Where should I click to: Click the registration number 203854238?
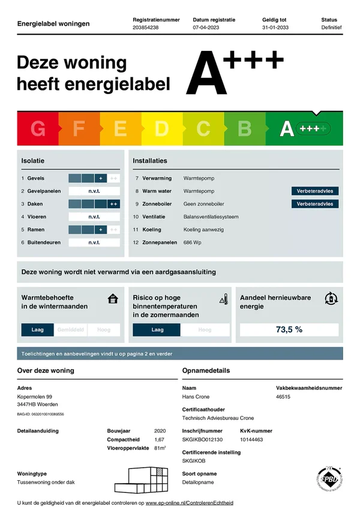[x=146, y=28]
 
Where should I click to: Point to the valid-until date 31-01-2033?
[x=275, y=28]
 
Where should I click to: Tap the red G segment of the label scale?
[x=38, y=128]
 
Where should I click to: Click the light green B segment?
[x=244, y=128]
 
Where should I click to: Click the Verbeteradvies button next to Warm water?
[x=315, y=191]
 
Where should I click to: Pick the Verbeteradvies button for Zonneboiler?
[x=315, y=204]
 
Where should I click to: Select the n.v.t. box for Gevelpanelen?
[x=94, y=191]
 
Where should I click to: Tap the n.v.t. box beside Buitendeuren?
[x=94, y=243]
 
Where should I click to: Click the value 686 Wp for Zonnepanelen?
[x=192, y=242]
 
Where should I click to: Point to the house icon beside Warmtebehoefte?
[x=112, y=299]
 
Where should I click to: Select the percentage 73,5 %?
[x=289, y=329]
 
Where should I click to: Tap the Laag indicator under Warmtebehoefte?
[x=38, y=330]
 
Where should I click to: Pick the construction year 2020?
[x=160, y=431]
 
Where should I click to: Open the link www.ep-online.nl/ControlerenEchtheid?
[x=190, y=502]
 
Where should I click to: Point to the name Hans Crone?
[x=196, y=397]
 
